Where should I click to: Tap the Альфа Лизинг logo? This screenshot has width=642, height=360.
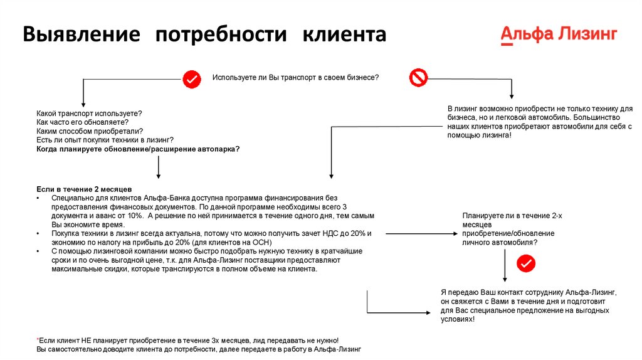point(559,34)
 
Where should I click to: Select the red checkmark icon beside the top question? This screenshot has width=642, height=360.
point(191,79)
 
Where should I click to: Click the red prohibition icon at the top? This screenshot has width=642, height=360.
point(418,78)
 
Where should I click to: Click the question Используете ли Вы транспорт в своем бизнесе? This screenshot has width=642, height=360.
point(295,77)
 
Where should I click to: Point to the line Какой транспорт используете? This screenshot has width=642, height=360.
point(89,113)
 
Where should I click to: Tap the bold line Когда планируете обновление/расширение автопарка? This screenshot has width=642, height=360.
point(138,149)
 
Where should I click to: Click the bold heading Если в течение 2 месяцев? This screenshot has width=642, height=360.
point(84,189)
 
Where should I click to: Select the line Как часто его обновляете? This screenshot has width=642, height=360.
point(82,122)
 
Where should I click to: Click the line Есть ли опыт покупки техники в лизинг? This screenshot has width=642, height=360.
point(105,140)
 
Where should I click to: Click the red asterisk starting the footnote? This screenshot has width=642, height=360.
point(38,339)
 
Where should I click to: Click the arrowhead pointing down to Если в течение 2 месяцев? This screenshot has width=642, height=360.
point(159,176)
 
